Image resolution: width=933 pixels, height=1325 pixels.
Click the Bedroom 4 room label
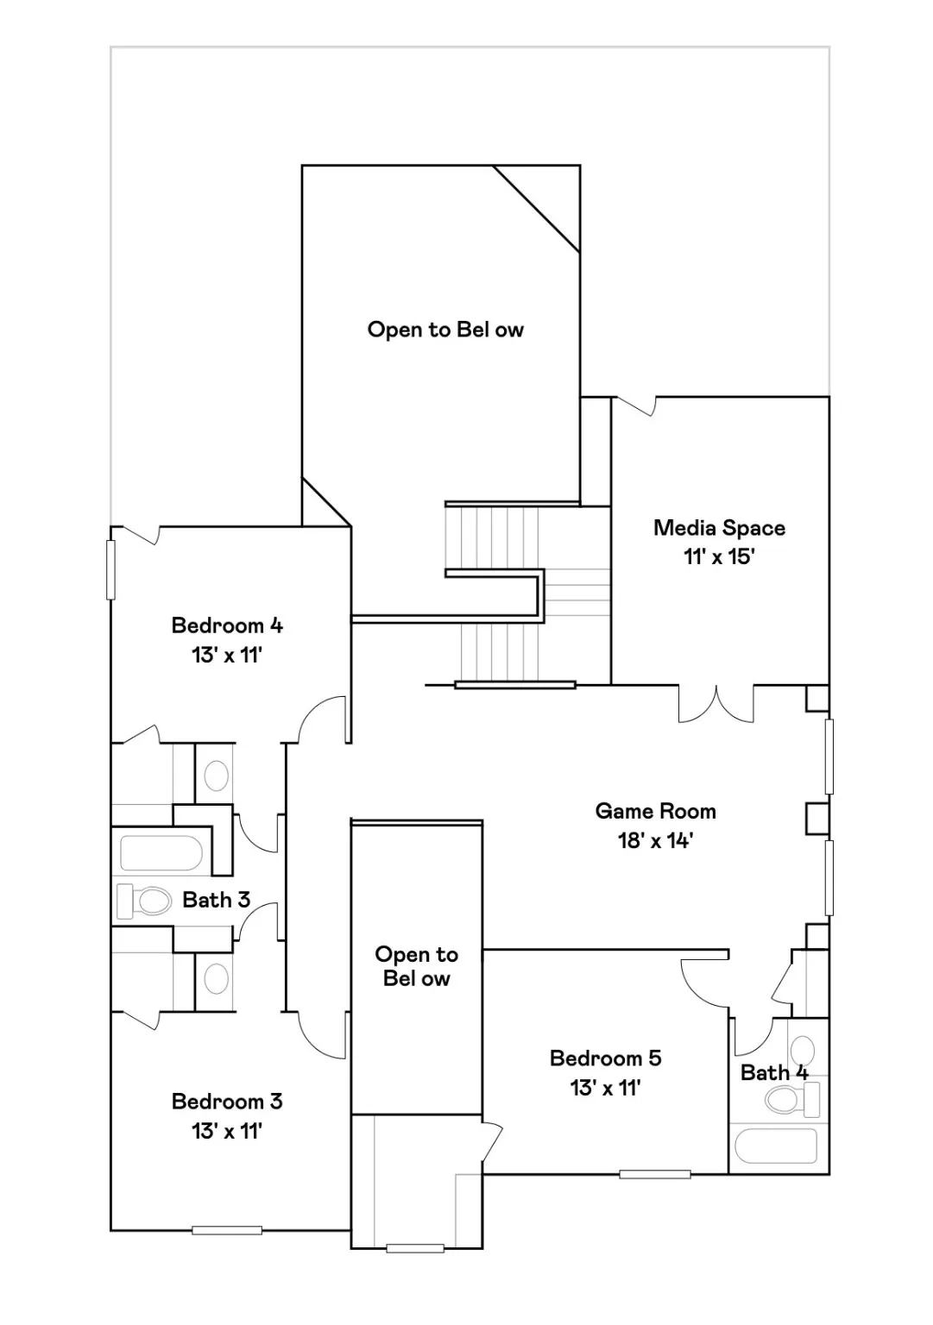(227, 625)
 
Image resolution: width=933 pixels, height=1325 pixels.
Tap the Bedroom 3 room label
(227, 1102)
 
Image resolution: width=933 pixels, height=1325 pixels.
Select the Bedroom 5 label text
(605, 1058)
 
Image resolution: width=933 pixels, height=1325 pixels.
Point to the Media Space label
(719, 528)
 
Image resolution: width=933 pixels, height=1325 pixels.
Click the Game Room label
(655, 811)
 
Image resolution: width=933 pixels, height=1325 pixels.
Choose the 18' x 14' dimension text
(655, 840)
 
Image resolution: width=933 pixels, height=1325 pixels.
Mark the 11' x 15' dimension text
(719, 556)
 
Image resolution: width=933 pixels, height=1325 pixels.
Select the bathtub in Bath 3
(161, 853)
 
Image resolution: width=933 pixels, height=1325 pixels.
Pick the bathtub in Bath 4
(775, 1146)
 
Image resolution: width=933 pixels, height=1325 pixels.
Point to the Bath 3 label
(216, 900)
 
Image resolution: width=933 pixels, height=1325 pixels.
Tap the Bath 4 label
(774, 1072)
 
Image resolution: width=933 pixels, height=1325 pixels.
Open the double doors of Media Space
(716, 703)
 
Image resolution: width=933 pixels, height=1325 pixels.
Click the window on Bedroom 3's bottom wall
(226, 1230)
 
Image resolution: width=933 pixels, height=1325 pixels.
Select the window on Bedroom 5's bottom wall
(654, 1174)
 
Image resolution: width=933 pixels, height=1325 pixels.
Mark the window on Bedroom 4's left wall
(110, 569)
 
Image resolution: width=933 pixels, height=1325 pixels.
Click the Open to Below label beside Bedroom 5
(416, 966)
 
